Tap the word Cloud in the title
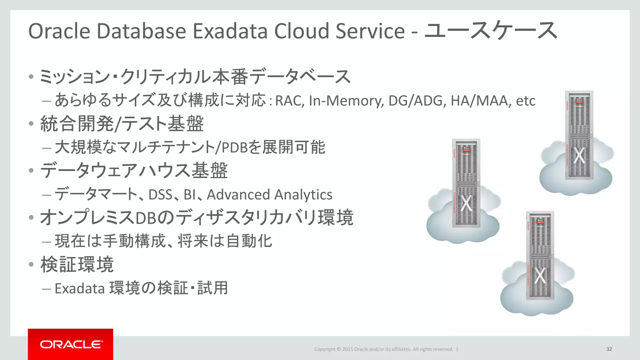tap(302, 31)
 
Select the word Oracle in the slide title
tap(59, 31)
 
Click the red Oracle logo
tap(71, 344)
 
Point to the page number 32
tap(609, 349)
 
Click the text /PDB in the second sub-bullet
tap(231, 147)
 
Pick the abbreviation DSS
tap(160, 195)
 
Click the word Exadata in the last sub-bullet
tap(79, 288)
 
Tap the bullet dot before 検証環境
tap(31, 265)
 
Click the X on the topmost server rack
tap(579, 155)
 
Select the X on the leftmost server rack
tap(466, 203)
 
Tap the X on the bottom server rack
tap(540, 276)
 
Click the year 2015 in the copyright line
tap(347, 349)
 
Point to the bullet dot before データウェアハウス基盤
tap(31, 171)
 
